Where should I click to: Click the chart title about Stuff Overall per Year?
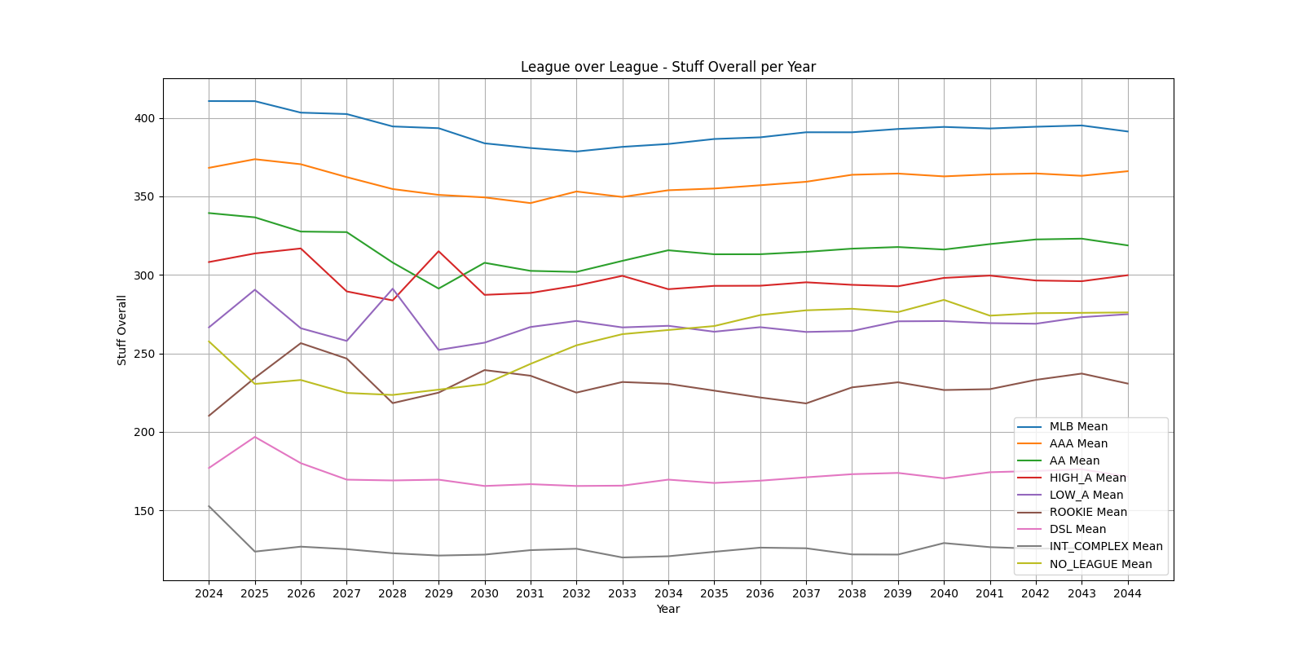[x=668, y=67]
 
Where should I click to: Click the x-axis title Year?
[x=668, y=609]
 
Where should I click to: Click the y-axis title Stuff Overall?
[x=122, y=330]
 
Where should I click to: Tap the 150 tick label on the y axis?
[x=145, y=511]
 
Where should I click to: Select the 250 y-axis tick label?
[x=145, y=354]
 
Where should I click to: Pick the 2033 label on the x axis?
[x=623, y=593]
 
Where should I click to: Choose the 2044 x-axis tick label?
[x=1128, y=593]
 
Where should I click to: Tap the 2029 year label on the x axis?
[x=438, y=593]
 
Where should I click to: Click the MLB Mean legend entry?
[x=1078, y=426]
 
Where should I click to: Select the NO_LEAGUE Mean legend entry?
[x=1100, y=564]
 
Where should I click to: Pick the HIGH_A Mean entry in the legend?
[x=1087, y=478]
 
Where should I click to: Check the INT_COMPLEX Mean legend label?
[x=1106, y=546]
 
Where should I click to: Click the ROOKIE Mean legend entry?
[x=1088, y=512]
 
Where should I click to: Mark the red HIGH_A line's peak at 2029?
[x=438, y=251]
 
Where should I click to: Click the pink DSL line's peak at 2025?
[x=255, y=437]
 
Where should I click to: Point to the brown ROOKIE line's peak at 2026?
[x=301, y=343]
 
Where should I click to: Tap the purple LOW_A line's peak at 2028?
[x=393, y=289]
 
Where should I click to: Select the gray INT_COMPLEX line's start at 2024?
[x=209, y=506]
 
